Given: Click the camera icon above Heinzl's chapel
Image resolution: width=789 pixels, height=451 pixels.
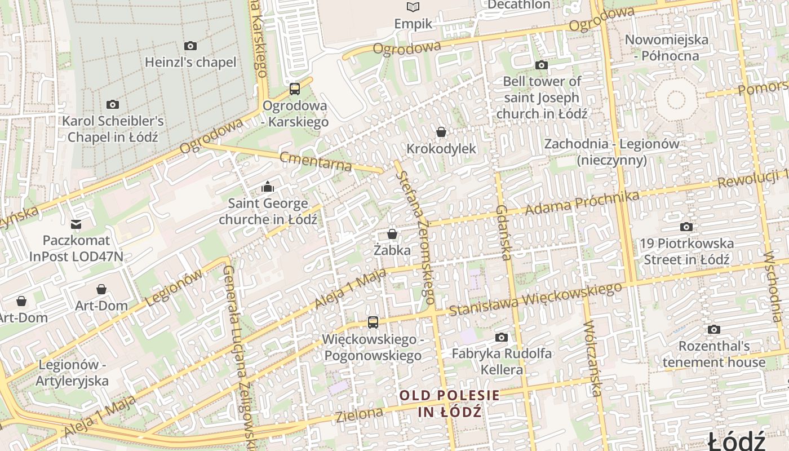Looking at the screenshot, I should click(x=190, y=46).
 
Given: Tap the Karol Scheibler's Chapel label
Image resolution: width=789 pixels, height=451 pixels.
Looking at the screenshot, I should click(x=113, y=129).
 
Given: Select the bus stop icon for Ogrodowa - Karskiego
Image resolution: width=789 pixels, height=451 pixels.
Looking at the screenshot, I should click(x=295, y=89).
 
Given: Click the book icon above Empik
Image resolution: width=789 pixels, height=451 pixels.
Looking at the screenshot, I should click(x=413, y=7).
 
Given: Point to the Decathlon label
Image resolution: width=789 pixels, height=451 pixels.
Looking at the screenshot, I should click(x=518, y=5).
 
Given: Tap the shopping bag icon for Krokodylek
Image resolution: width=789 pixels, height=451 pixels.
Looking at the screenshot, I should click(x=441, y=132).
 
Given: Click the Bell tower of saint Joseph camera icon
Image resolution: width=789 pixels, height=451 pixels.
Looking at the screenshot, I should click(x=542, y=65).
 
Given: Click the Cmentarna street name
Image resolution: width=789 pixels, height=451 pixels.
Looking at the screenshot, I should click(x=316, y=161).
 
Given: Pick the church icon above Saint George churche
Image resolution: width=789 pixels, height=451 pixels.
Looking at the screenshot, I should click(x=268, y=186).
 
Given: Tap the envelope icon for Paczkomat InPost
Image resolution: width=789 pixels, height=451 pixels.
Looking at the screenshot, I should click(x=76, y=224).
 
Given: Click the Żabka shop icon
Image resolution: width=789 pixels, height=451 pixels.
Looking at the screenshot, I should click(x=392, y=233).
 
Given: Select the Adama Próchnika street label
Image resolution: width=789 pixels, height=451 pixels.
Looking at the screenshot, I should click(x=582, y=203).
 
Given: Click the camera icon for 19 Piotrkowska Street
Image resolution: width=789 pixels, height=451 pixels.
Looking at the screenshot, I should click(x=686, y=227).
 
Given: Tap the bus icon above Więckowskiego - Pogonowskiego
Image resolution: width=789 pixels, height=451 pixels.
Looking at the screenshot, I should click(x=373, y=322).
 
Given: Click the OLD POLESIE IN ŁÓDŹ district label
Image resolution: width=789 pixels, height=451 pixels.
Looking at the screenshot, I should click(x=450, y=403).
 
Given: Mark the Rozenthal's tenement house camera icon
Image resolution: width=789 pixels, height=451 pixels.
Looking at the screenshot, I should click(x=714, y=329).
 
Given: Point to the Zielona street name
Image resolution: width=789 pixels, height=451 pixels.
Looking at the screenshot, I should click(x=359, y=415).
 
